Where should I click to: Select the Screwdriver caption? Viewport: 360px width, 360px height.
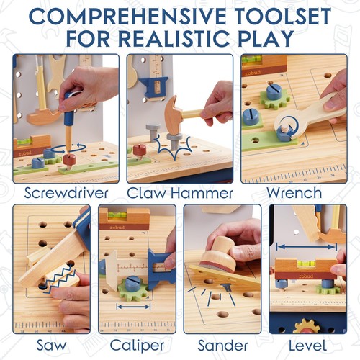[66, 193]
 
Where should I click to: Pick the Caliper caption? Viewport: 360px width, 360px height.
[136, 344]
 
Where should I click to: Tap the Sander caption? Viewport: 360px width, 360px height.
[220, 344]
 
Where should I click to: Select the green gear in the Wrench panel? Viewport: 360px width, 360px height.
[274, 98]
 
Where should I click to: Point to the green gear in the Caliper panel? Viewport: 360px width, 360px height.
[134, 287]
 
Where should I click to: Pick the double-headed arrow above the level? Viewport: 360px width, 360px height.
[305, 246]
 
